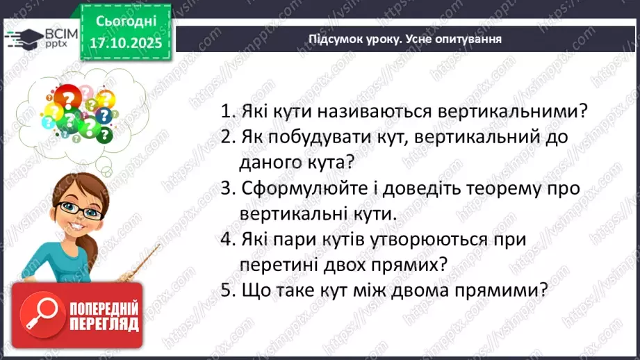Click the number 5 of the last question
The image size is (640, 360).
[225, 291]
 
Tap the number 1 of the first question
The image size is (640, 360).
[225, 111]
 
